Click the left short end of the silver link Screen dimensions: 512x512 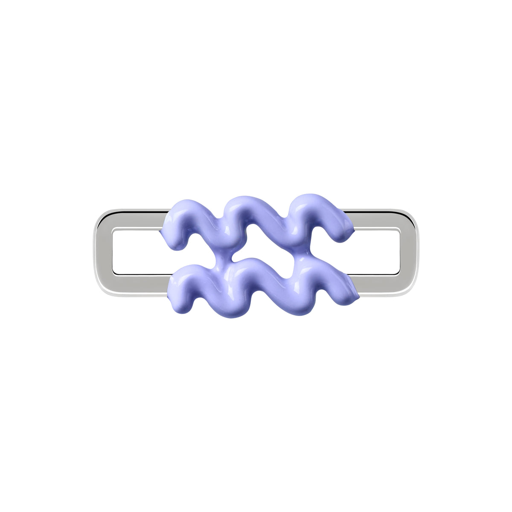[103, 253]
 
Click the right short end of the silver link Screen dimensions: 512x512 [408, 253]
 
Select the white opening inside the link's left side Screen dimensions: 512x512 [137, 253]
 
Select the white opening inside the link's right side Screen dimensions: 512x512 [378, 253]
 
